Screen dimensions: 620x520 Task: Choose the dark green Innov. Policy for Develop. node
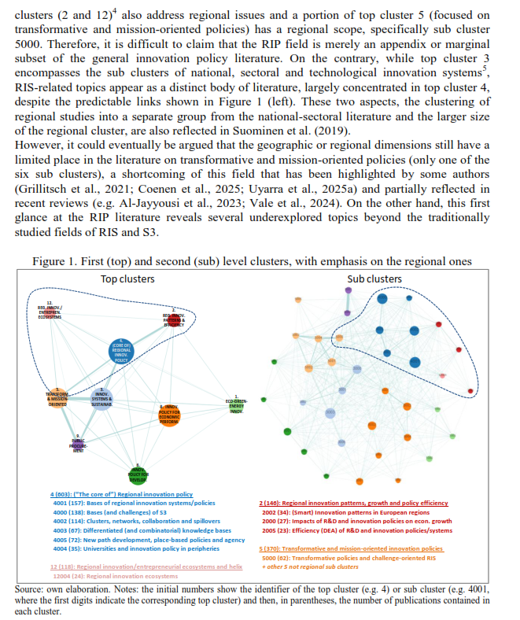(137, 472)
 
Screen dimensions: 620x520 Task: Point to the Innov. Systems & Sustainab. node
(102, 400)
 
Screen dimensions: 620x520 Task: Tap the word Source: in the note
(34, 587)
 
